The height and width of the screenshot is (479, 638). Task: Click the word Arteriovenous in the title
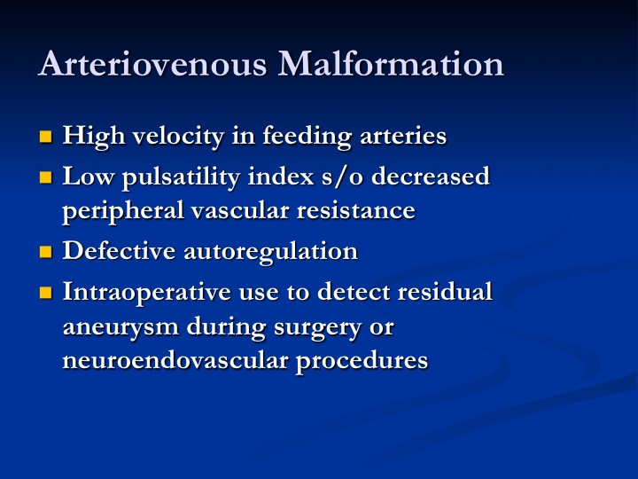[152, 64]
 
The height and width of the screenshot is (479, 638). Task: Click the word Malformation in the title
[391, 64]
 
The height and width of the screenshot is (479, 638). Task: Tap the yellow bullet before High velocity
[45, 137]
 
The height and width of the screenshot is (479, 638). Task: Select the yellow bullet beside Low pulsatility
[45, 177]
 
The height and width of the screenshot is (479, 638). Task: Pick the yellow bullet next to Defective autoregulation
[45, 252]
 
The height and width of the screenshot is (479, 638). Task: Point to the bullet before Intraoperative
[45, 293]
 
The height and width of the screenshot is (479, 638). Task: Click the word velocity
[178, 137]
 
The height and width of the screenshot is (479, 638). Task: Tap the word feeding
[307, 137]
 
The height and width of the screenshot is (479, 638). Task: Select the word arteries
[403, 135]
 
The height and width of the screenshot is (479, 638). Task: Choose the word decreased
[431, 176]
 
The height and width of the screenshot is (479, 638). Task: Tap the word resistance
[355, 211]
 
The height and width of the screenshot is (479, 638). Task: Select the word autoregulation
[270, 252]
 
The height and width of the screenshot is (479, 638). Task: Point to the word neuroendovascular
[175, 360]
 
